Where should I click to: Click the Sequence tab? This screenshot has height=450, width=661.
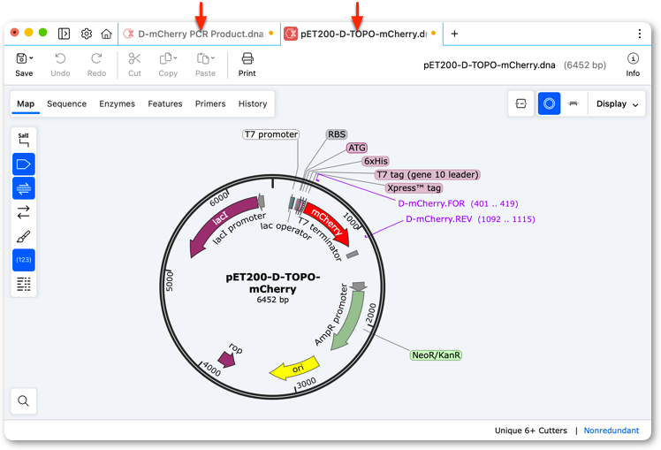click(x=66, y=103)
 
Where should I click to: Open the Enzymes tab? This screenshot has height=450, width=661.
click(x=118, y=103)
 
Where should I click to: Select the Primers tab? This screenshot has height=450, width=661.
click(x=210, y=103)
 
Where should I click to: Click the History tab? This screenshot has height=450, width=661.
click(x=253, y=103)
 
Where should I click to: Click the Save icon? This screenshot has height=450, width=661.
click(x=22, y=58)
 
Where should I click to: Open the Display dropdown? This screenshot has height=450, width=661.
click(x=617, y=103)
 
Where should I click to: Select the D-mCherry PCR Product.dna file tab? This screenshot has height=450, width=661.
click(x=200, y=34)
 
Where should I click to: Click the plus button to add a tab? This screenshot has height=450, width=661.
click(x=454, y=34)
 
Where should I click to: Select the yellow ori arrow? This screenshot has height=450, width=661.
click(x=294, y=368)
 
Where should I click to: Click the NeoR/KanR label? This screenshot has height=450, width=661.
click(x=436, y=355)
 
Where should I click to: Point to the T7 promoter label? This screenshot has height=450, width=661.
click(x=271, y=134)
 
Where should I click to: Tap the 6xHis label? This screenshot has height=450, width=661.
click(x=376, y=161)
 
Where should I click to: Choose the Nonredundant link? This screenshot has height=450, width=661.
click(x=612, y=431)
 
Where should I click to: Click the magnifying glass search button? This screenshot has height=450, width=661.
click(x=24, y=400)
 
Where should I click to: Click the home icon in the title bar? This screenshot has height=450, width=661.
click(x=106, y=34)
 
